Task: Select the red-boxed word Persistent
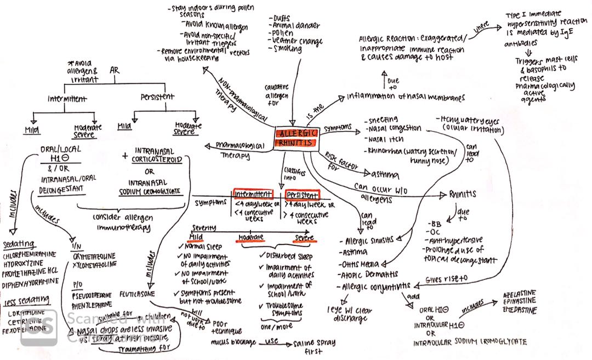click(x=301, y=195)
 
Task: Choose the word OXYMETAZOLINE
click(x=94, y=255)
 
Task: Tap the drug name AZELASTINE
click(x=519, y=294)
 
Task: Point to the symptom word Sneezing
click(x=381, y=119)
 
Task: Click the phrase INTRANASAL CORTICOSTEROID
click(x=157, y=154)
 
